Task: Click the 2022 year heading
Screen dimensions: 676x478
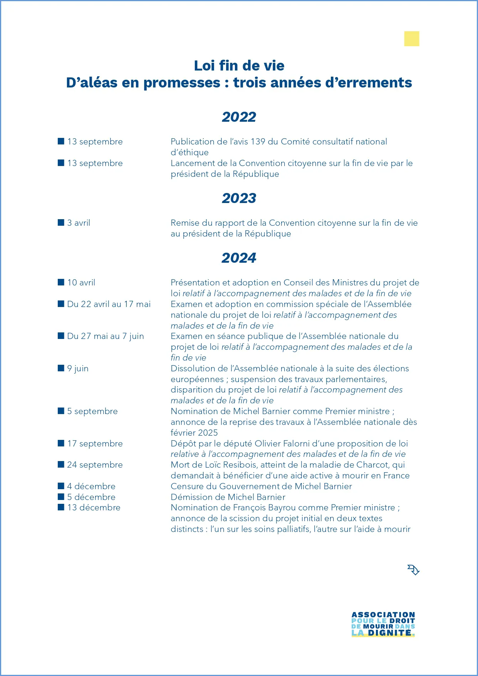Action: click(239, 117)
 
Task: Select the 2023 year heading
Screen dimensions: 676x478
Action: click(239, 198)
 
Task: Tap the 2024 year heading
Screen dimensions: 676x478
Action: click(239, 258)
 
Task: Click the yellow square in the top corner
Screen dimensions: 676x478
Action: click(411, 39)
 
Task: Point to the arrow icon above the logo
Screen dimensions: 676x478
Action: click(413, 570)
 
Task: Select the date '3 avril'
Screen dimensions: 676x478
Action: click(79, 223)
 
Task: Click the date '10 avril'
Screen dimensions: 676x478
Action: click(81, 283)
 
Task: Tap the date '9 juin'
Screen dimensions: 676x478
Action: click(78, 369)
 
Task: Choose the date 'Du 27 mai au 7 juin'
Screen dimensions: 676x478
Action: click(105, 336)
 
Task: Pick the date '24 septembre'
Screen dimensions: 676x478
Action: click(95, 465)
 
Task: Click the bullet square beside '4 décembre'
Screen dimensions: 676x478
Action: click(61, 486)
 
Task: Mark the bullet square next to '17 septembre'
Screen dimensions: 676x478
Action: click(61, 443)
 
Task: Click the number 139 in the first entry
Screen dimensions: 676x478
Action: click(258, 142)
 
